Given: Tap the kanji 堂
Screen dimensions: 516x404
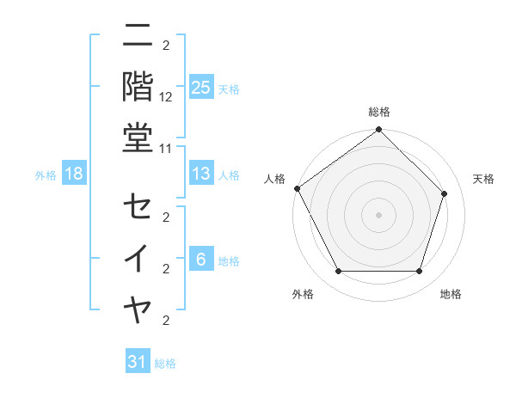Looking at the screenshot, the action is [x=138, y=138].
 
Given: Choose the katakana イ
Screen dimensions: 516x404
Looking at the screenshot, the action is [x=138, y=258].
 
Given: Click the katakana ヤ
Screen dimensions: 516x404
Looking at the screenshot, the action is [x=138, y=308].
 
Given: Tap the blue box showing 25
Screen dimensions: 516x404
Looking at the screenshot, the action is [x=200, y=87].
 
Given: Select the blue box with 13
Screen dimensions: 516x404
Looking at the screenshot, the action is [x=200, y=174].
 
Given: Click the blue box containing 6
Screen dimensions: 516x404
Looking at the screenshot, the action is [x=200, y=260].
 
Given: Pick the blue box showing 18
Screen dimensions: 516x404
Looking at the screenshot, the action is [x=74, y=174].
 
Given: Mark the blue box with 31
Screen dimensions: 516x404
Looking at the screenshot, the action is [x=138, y=362].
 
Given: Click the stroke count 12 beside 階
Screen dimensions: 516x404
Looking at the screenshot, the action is [x=166, y=97].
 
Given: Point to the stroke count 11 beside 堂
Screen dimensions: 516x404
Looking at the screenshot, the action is [x=166, y=147].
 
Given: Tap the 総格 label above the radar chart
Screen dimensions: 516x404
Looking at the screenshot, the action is [x=378, y=112].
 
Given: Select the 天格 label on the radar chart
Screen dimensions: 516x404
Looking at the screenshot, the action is [x=483, y=179].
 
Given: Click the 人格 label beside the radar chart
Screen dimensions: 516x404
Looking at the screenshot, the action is [x=274, y=179].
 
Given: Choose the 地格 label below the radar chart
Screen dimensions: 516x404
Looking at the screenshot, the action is [x=451, y=294].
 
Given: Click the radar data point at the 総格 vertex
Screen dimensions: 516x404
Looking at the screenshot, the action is [x=378, y=131].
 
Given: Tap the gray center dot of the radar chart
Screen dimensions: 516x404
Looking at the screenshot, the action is [x=378, y=215].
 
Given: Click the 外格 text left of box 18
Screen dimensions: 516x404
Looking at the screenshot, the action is [x=45, y=175].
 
